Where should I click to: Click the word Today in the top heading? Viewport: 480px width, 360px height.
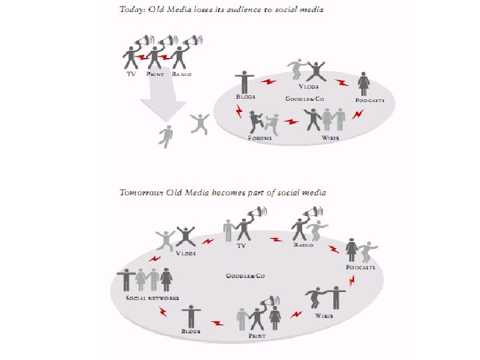pos(131,10)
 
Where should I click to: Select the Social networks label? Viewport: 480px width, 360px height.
pos(152,298)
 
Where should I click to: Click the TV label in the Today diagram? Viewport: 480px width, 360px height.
pos(131,74)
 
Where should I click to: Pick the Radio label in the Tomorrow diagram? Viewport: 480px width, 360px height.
pos(304,245)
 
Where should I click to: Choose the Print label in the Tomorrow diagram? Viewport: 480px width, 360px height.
pos(257,336)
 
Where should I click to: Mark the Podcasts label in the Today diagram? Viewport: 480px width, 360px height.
pos(369,101)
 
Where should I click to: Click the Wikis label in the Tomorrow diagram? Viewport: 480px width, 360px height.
pos(325,315)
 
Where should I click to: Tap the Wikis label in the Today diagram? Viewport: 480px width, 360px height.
pos(330,137)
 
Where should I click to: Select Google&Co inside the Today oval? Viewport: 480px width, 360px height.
pos(304,99)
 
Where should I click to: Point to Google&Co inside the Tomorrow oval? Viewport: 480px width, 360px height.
pos(245,275)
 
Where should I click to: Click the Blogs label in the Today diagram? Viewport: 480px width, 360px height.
pos(245,97)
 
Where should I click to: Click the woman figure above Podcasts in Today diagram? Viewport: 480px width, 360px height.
pos(365,83)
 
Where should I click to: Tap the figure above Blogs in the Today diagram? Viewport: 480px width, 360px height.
pos(245,82)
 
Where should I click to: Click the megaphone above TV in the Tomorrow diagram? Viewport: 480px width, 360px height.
pos(256,213)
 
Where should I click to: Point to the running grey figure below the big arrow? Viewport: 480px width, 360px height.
pos(167,135)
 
